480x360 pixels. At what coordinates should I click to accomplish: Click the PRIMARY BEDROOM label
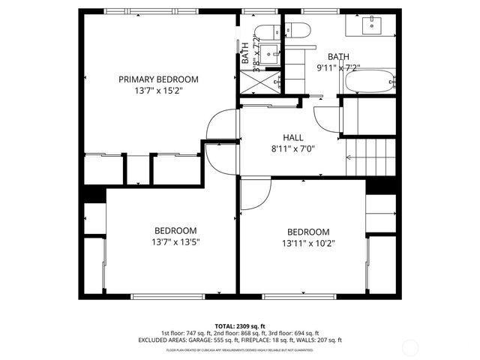point(158,79)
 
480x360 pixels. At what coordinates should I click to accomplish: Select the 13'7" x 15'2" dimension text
point(158,90)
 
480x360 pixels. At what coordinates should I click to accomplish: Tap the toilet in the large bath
point(298,31)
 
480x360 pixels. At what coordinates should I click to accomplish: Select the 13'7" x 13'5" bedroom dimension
point(175,241)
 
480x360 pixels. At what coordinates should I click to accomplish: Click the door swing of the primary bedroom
point(222,124)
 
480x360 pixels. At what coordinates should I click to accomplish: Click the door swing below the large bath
point(326,116)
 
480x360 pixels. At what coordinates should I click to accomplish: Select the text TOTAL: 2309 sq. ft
point(239,326)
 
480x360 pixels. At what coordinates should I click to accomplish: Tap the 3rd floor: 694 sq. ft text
point(291,333)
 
